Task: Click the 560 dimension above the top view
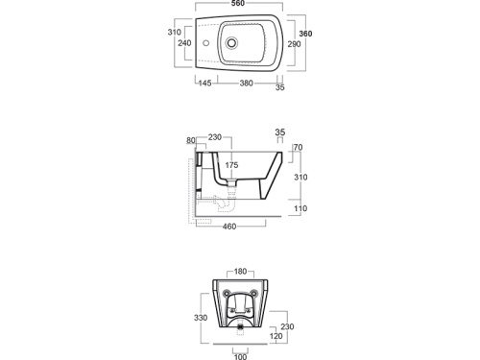pos(238,3)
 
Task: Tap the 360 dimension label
pos(305,34)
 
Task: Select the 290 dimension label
pos(294,44)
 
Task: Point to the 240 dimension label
pos(184,43)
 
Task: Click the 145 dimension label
pos(204,84)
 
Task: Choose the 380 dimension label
pos(247,84)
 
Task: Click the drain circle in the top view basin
pos(231,42)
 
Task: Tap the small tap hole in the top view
pos(205,42)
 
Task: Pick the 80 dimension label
pos(191,140)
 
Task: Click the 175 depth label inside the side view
pos(231,165)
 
